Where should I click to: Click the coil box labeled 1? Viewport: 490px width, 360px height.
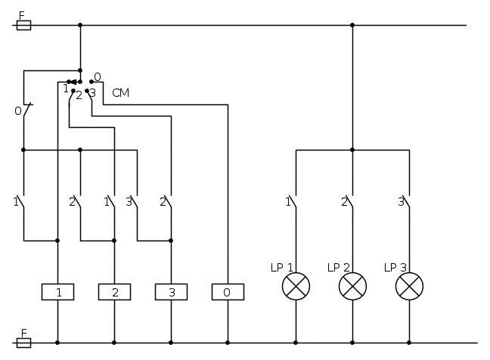point(57,292)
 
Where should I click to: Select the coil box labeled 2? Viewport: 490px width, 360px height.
point(114,292)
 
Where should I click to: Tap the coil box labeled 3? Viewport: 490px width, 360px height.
point(171,292)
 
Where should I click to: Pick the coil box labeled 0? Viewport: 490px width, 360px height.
point(228,292)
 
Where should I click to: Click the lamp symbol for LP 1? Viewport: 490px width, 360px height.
point(296,286)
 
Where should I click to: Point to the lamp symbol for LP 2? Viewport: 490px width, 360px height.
point(352,286)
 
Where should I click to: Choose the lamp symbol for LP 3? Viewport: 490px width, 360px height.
point(409,286)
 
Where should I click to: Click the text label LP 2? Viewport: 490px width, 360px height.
point(338,268)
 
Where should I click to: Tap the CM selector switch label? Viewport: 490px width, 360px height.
point(120,93)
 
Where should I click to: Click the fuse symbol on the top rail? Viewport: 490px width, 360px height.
point(23,25)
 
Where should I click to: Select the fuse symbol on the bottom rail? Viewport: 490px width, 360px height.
point(23,343)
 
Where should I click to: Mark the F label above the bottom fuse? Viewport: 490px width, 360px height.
point(23,333)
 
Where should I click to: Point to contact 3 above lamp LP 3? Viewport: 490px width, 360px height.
point(407,203)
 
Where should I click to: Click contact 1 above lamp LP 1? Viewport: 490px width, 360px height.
point(293,203)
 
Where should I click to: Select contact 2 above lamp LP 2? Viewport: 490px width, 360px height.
point(350,203)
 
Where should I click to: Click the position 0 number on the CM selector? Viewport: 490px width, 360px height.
point(98,76)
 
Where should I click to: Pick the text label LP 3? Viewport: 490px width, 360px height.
point(395,268)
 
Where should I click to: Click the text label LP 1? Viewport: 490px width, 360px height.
point(281,268)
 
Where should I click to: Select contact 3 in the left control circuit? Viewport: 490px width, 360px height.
point(135,203)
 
